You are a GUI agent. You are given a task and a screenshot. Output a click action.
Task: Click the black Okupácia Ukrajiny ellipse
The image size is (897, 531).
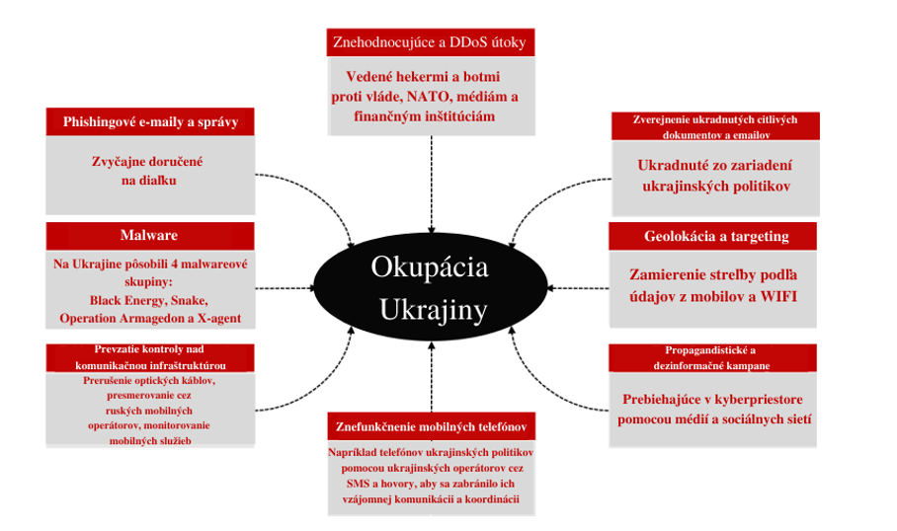click(431, 287)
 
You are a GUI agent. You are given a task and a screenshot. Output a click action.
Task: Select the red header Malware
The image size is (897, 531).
click(150, 236)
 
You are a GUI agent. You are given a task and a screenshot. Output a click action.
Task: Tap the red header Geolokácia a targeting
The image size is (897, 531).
click(712, 236)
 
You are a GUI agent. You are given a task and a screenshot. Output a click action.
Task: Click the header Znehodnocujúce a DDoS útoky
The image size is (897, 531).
click(430, 42)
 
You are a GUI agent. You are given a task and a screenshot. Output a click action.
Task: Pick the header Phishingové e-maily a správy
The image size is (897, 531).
click(150, 121)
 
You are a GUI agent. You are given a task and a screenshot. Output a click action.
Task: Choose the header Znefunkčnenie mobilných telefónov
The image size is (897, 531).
click(432, 426)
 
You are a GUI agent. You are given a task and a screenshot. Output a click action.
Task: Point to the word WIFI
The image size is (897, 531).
click(778, 297)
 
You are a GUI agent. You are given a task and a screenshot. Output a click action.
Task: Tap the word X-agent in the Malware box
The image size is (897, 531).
click(219, 319)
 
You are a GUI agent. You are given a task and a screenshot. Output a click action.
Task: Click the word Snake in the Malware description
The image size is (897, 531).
click(189, 301)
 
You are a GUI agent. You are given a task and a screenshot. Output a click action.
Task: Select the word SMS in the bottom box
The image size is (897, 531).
click(358, 484)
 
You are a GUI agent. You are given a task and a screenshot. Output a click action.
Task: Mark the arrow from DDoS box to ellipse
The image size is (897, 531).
click(432, 184)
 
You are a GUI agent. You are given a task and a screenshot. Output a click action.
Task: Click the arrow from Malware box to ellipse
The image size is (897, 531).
click(285, 288)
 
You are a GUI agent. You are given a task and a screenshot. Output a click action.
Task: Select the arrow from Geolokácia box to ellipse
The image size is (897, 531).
click(578, 288)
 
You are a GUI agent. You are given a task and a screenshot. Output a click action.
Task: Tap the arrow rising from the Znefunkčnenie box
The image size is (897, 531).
click(432, 377)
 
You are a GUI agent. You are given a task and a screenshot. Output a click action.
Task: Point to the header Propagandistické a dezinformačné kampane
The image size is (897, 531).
click(712, 358)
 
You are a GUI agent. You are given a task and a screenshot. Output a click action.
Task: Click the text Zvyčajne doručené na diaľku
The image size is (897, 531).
click(147, 171)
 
